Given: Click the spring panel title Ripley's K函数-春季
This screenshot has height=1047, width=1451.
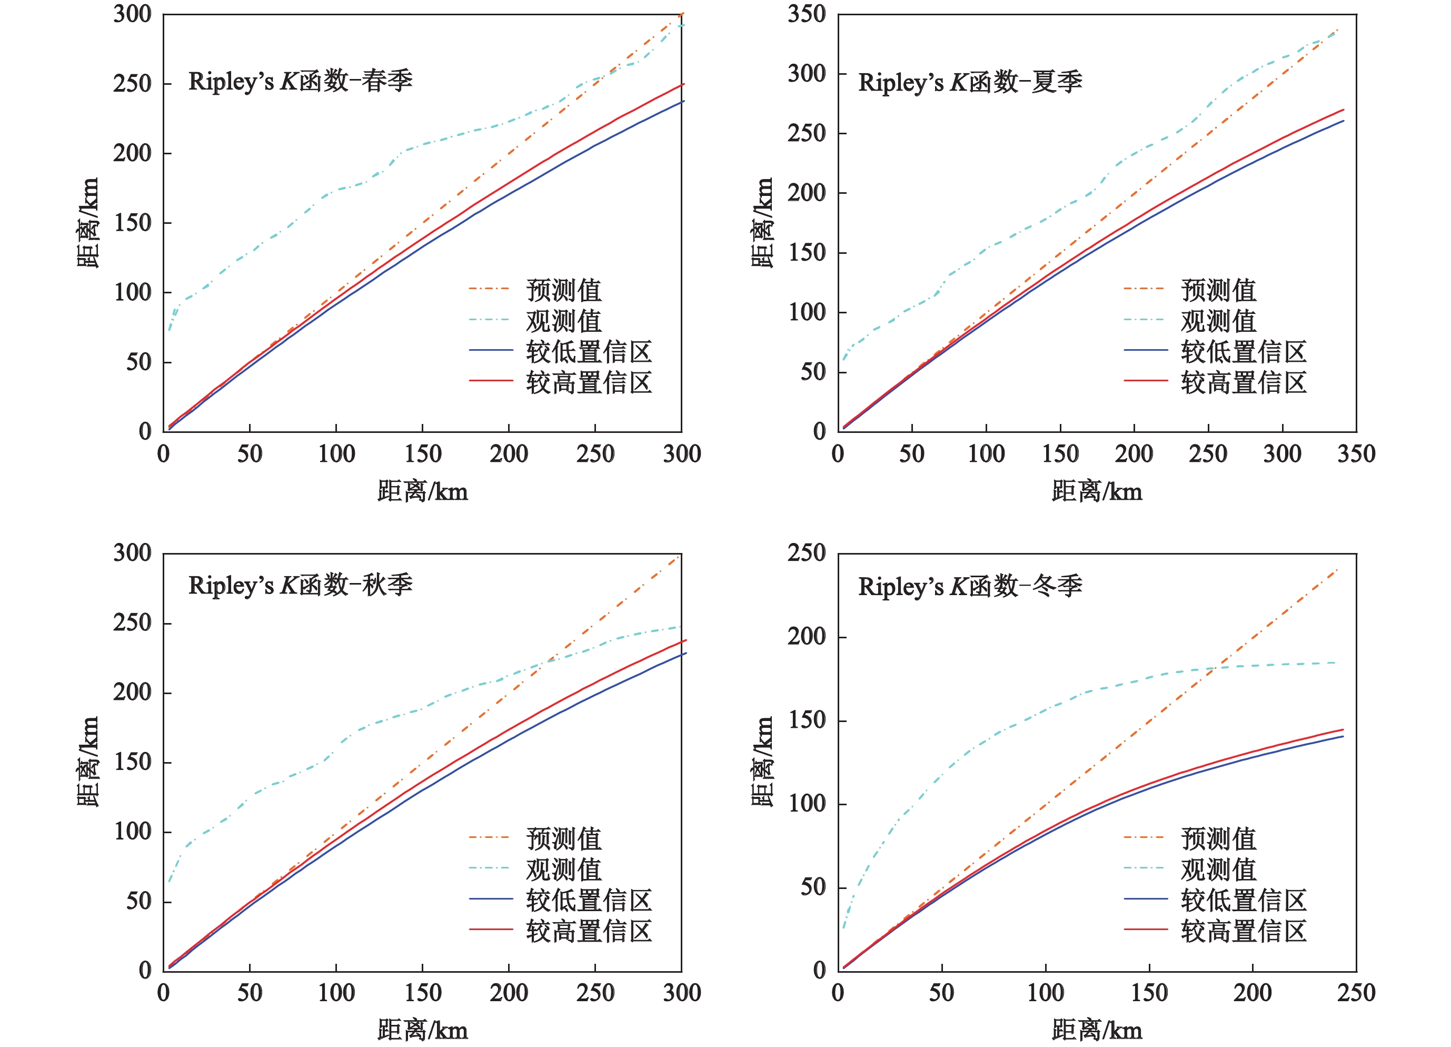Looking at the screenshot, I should click(x=300, y=81).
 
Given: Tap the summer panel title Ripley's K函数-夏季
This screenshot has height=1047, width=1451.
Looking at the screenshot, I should click(x=970, y=83).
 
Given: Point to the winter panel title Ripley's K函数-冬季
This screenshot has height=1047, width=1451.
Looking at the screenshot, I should click(x=970, y=586).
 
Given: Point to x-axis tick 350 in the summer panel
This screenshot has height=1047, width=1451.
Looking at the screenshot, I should click(x=1356, y=454).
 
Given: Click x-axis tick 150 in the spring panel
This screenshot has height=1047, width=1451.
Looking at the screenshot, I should click(x=423, y=454).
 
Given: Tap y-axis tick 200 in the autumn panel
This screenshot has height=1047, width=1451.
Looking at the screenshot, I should click(x=133, y=692).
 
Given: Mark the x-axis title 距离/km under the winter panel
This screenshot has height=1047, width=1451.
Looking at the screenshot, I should click(x=1097, y=1030).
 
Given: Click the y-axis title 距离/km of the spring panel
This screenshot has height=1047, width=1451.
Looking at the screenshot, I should click(x=87, y=222).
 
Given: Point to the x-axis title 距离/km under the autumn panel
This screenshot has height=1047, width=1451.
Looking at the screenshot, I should click(x=423, y=1030).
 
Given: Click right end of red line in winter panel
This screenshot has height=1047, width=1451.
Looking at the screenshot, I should click(x=1343, y=729).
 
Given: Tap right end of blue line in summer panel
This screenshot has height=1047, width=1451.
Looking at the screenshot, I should click(x=1344, y=121).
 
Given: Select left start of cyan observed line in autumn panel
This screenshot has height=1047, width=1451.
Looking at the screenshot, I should click(x=169, y=882).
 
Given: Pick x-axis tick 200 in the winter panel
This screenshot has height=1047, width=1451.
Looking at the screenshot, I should click(x=1252, y=993).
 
